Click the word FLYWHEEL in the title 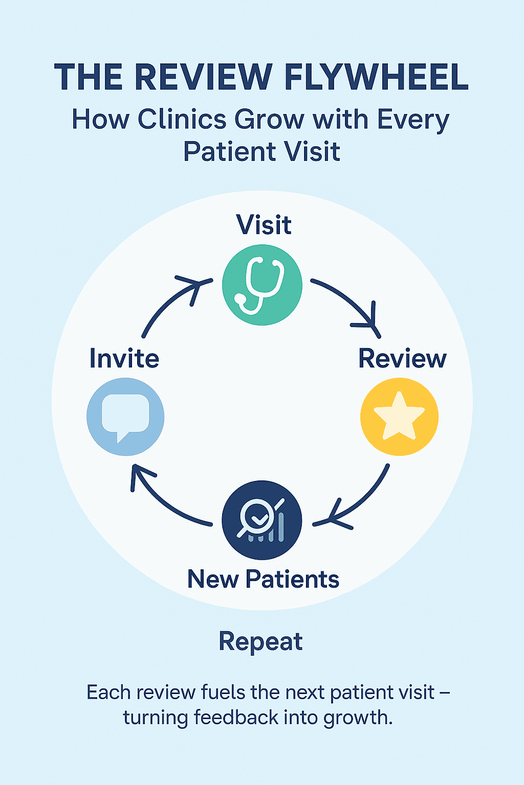pos(376,77)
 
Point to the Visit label pos(264,225)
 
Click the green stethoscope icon pos(262,285)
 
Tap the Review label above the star pos(402,358)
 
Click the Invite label pos(124,358)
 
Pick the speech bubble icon pos(125,417)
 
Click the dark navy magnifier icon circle pos(262,520)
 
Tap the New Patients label pos(263,580)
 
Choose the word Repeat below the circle pos(260,641)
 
